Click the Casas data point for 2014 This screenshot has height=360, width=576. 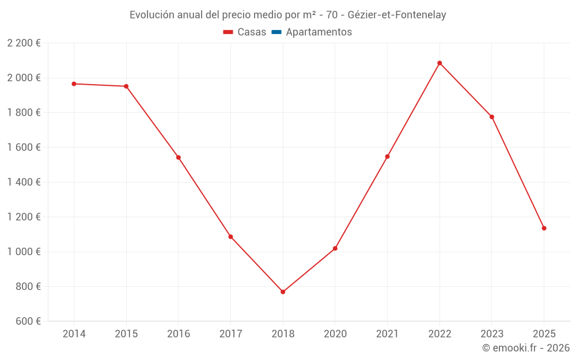point(74,84)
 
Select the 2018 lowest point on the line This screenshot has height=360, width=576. point(283,292)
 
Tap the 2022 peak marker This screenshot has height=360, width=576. point(439,63)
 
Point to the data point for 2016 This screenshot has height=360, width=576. point(179,157)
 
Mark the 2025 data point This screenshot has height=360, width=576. point(544,228)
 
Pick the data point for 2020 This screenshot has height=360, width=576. point(335,248)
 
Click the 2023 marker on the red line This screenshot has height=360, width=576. point(492,117)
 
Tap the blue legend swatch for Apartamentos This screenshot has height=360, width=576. point(276,32)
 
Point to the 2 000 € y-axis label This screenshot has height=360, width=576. point(24,78)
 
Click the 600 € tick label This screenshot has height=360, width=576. point(28,321)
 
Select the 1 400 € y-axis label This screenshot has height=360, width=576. point(24,182)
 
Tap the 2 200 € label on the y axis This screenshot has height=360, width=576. point(24,43)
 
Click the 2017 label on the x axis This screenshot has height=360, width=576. point(230,334)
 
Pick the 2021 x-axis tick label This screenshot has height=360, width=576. point(387,334)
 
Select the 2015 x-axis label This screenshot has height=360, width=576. point(126,334)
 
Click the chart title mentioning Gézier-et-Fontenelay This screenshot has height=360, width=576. point(288,15)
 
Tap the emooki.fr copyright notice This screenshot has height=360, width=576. point(526,348)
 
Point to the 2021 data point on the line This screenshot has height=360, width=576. point(387,157)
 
